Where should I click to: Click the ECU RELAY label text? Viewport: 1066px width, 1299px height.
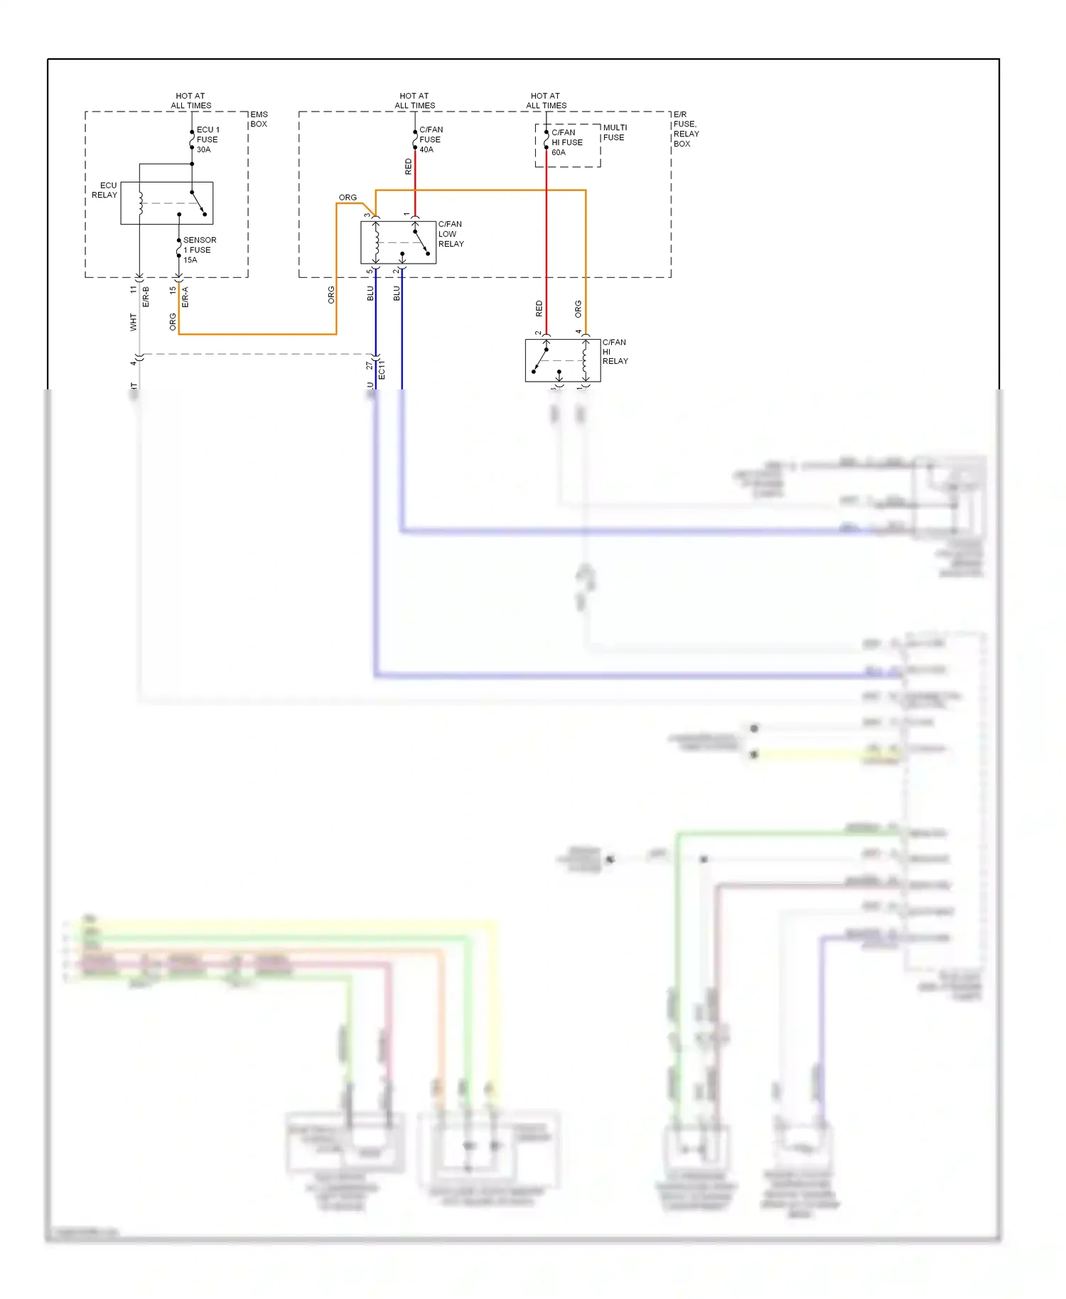click(104, 190)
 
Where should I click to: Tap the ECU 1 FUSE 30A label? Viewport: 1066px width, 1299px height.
click(207, 139)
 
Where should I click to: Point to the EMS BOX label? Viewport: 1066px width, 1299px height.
click(259, 119)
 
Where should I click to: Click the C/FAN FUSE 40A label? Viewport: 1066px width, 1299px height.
click(430, 139)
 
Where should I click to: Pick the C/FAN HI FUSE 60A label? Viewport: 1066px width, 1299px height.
click(566, 142)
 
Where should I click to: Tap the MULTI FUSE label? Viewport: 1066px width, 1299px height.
click(614, 132)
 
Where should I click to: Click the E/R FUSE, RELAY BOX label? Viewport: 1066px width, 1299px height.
click(685, 129)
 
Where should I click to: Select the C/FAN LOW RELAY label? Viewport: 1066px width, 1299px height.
click(451, 234)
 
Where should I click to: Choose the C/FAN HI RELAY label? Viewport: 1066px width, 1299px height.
click(615, 352)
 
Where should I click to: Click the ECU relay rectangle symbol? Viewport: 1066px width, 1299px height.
click(166, 203)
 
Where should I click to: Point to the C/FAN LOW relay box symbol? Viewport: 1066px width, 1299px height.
click(398, 242)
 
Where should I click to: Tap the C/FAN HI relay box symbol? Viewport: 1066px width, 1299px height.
click(562, 360)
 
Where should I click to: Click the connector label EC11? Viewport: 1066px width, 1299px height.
click(382, 370)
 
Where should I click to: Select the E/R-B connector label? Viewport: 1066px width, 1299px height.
click(146, 297)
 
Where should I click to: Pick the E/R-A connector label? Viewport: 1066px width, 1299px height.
click(185, 297)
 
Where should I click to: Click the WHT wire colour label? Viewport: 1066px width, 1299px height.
click(133, 322)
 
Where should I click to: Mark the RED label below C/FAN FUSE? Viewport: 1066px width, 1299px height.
click(408, 166)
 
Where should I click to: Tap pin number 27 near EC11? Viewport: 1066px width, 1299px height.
click(369, 365)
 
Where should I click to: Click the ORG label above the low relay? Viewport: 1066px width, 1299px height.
click(348, 198)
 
